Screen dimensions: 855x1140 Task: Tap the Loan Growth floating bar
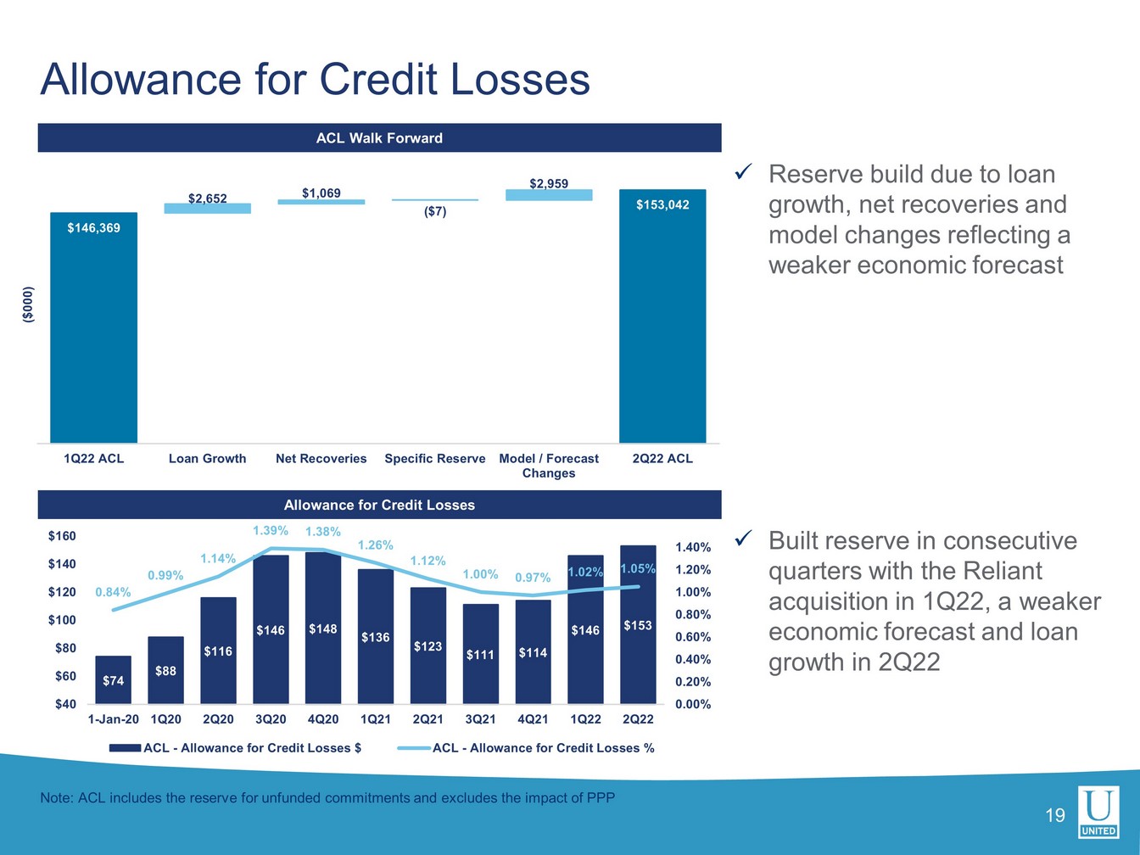tap(208, 209)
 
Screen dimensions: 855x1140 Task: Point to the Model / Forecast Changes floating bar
tap(549, 195)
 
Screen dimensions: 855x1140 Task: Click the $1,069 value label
tap(321, 193)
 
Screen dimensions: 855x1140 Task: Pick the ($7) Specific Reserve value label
tap(435, 211)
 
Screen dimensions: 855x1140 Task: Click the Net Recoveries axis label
tap(321, 458)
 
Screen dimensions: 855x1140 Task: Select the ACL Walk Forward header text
tap(379, 138)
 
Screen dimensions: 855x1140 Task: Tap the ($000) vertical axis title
tap(28, 305)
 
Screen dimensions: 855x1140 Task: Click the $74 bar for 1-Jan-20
tap(113, 679)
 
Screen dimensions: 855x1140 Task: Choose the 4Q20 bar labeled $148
tap(323, 628)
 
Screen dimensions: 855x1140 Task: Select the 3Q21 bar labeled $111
tap(480, 654)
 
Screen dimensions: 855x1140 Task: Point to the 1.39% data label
tap(271, 531)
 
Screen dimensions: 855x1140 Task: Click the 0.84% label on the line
tap(113, 592)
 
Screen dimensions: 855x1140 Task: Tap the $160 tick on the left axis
tap(62, 536)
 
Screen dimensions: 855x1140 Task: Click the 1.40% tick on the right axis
tap(693, 548)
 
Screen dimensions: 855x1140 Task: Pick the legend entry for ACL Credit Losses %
tap(526, 748)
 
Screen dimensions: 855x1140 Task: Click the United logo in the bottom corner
tap(1098, 812)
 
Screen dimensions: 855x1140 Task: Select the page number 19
tap(1055, 816)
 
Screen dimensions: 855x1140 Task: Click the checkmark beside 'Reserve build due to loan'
tap(743, 173)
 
